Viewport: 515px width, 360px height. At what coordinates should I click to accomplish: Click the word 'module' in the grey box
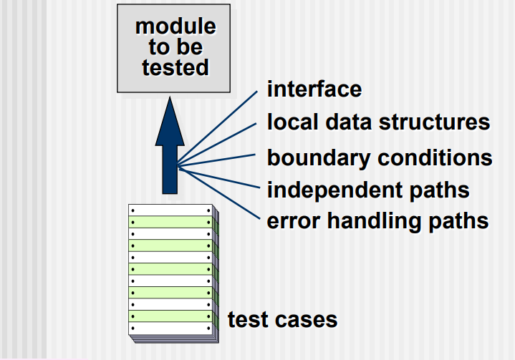(x=175, y=26)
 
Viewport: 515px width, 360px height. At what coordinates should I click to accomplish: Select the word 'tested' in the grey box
(x=175, y=68)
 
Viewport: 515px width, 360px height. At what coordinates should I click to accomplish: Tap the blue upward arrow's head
(x=170, y=118)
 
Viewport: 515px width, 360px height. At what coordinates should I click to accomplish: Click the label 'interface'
(x=314, y=89)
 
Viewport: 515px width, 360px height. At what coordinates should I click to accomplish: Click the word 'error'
(x=291, y=220)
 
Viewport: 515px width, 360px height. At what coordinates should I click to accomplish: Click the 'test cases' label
(x=282, y=318)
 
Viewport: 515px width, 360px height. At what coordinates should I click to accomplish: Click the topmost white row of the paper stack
(x=170, y=210)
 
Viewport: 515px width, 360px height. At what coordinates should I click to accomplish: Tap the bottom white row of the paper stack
(x=170, y=329)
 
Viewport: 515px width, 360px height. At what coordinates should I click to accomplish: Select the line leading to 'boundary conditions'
(x=218, y=160)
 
